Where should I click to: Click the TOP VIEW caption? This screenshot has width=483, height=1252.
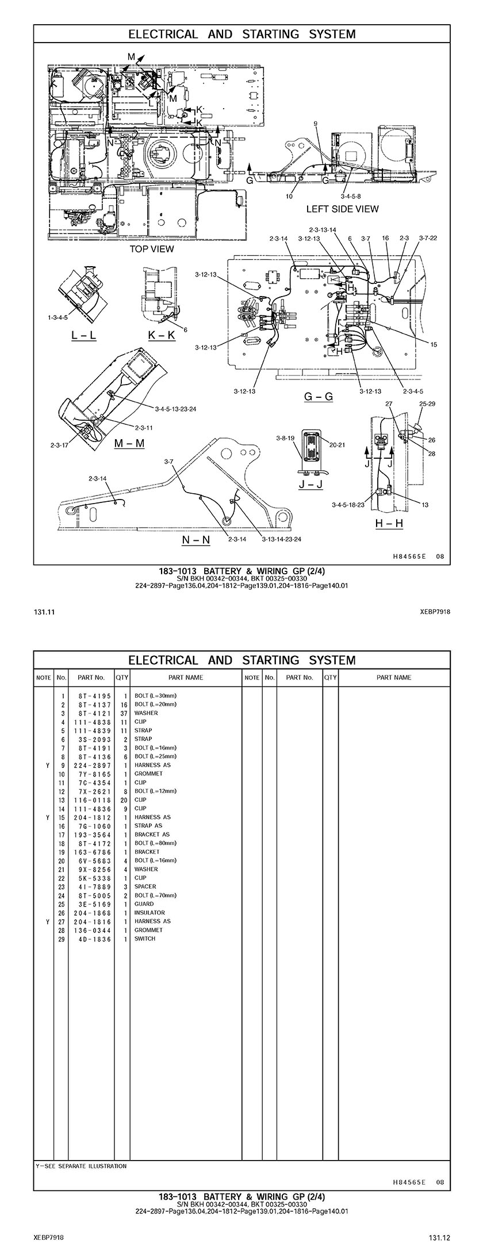tap(151, 249)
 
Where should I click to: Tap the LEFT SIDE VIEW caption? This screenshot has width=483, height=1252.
tap(342, 209)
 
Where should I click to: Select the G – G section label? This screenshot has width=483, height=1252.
tap(318, 397)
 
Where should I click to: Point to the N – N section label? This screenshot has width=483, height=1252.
tap(195, 540)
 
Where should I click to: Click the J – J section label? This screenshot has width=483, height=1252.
tap(310, 484)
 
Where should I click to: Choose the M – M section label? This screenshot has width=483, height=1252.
tap(129, 443)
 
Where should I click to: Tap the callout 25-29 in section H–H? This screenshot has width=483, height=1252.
tap(427, 404)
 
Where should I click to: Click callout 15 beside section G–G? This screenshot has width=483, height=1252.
tap(434, 344)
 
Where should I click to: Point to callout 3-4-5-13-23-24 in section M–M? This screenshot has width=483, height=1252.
tap(176, 409)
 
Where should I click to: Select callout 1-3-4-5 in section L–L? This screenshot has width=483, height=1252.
tap(57, 317)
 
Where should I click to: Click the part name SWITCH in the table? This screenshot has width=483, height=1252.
tap(144, 939)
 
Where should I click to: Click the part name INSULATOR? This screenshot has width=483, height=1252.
tap(149, 912)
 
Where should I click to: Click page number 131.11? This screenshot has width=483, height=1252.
tap(41, 612)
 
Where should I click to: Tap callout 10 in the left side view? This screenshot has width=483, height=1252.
tap(289, 196)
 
